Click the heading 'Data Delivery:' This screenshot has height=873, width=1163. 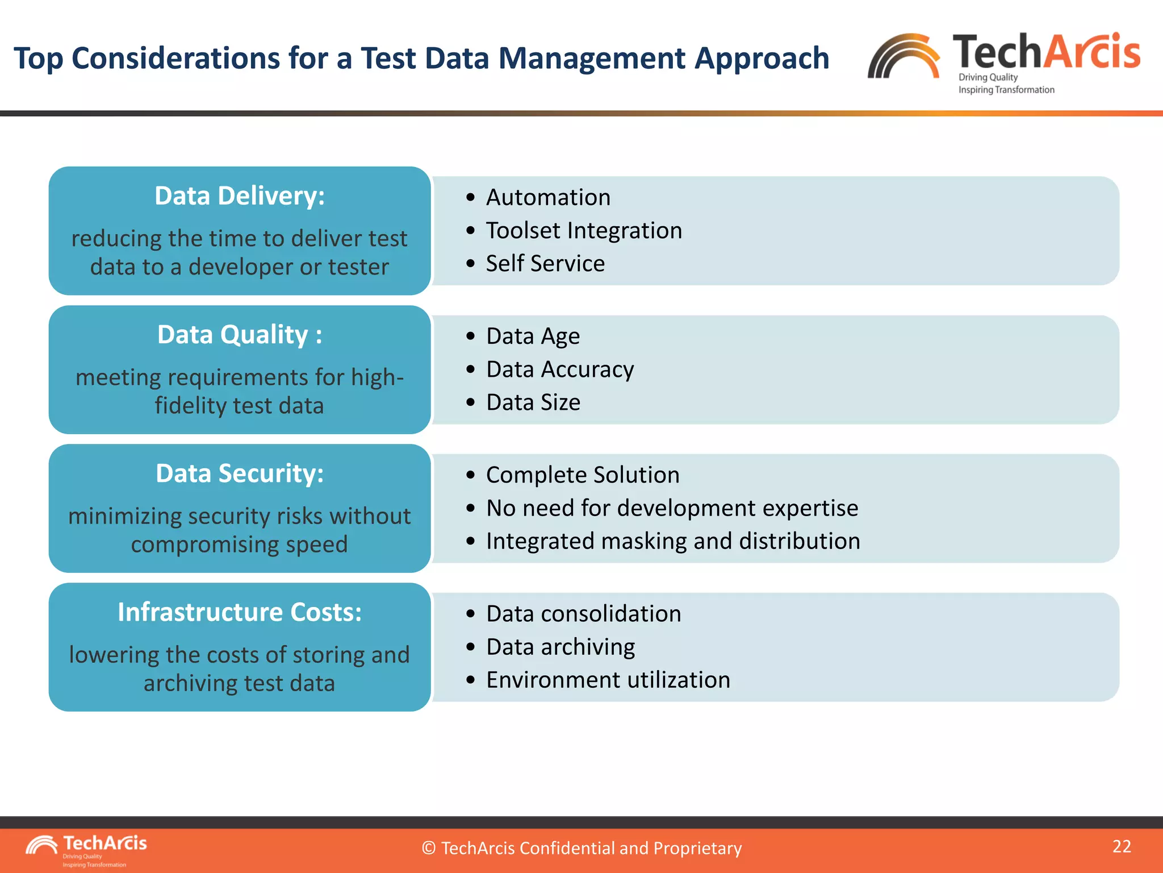point(240,196)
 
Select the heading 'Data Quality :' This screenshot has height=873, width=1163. point(240,335)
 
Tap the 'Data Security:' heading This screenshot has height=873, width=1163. point(240,473)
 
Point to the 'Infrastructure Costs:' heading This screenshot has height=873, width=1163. point(240,612)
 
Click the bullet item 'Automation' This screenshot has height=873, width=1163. point(548,198)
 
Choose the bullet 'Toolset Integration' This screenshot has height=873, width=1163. point(584,231)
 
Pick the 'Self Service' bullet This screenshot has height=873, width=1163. point(545,264)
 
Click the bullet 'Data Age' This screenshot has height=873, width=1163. point(533,336)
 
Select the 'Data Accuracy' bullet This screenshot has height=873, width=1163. point(560,369)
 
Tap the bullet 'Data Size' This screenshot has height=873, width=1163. point(533,402)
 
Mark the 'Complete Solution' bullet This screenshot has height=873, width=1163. point(583,475)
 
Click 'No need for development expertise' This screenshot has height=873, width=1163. point(672,508)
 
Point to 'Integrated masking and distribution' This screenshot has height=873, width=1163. point(673,541)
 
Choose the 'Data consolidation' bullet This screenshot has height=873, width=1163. point(583,614)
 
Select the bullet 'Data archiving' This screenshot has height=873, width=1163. point(560,647)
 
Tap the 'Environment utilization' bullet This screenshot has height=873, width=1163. point(608,680)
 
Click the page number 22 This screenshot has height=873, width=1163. point(1122,846)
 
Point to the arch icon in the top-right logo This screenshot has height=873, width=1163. point(903,57)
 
